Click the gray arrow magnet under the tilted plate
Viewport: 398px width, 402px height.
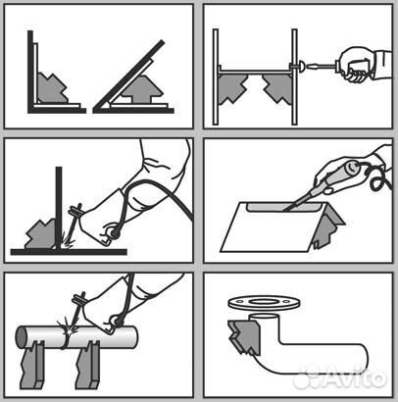tap(141, 89)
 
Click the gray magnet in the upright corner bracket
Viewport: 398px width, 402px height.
tap(51, 88)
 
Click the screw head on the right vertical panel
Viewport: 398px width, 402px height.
tap(301, 67)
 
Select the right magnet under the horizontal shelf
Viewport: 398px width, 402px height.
tap(278, 88)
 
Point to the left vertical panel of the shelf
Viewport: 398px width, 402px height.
tap(216, 76)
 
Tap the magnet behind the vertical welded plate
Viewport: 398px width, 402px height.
tap(41, 233)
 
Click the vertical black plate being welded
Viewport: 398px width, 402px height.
tap(59, 208)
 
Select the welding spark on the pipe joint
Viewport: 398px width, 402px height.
tap(68, 329)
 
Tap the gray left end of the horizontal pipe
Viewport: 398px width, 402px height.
tap(22, 336)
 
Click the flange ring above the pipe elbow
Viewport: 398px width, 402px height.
tap(264, 303)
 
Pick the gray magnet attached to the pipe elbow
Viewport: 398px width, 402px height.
tap(244, 337)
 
